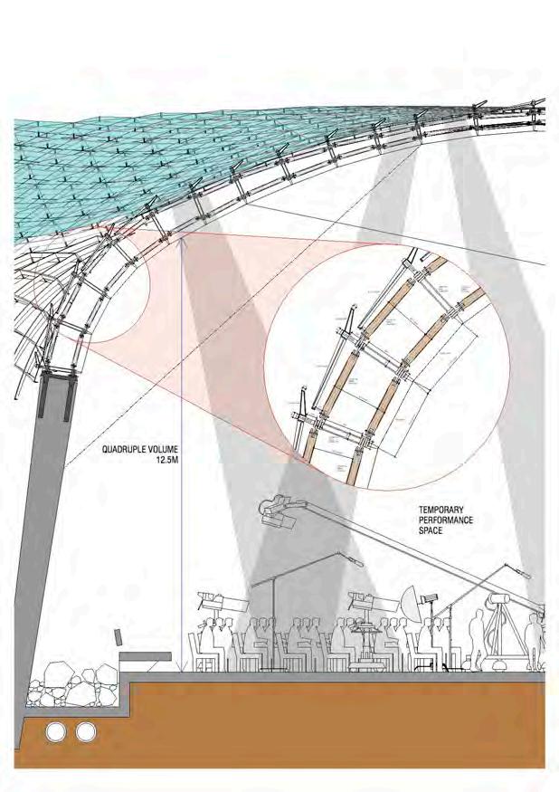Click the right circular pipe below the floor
[x=86, y=731]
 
